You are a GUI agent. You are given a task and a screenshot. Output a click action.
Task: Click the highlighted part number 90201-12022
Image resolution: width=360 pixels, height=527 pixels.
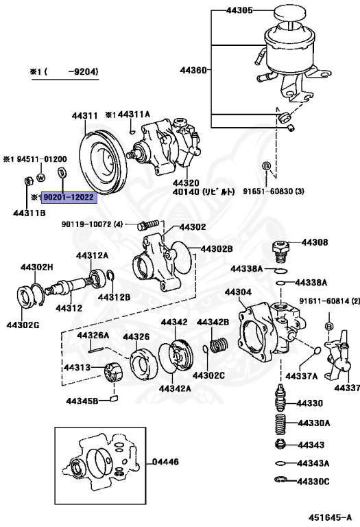point(69,197)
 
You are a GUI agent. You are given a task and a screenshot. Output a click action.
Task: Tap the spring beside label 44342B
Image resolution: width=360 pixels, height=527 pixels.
point(217,344)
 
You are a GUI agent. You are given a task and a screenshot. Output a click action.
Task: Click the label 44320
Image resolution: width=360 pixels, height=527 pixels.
point(185,183)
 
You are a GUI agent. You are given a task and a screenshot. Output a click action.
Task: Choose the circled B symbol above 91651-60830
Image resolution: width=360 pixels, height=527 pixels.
point(266,167)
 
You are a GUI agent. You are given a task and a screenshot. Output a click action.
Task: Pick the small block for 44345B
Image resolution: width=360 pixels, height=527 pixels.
point(113,399)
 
